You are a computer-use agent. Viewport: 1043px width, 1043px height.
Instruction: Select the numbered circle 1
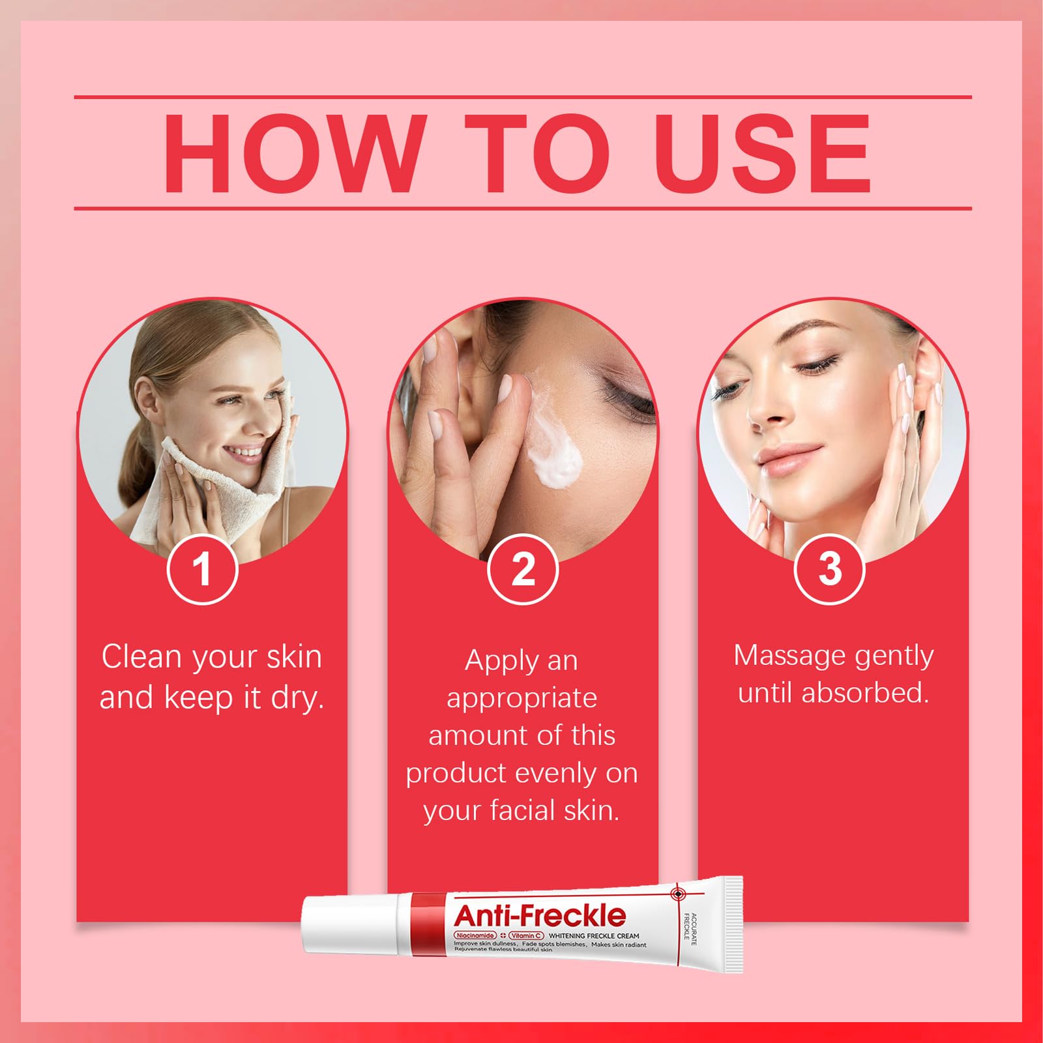[202, 569]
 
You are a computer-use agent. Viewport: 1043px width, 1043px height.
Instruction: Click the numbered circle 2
[523, 569]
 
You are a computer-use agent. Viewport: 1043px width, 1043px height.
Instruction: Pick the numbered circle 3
[829, 569]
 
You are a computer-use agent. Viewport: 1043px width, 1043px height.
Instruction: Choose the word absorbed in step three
[865, 692]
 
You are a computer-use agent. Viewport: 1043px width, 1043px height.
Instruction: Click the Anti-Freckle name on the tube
[540, 915]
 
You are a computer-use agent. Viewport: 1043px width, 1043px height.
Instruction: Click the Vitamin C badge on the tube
[526, 935]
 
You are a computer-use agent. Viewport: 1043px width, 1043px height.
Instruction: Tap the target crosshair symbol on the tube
[678, 893]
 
